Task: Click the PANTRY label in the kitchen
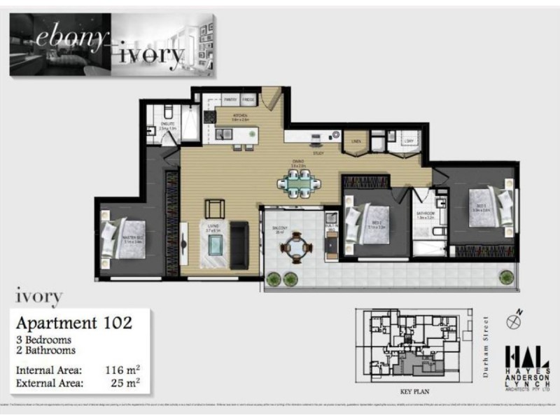(x=228, y=102)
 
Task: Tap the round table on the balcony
(x=297, y=246)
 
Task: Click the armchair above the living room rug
(x=215, y=208)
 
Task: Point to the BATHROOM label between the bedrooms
(x=426, y=213)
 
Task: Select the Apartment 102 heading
(x=73, y=323)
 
